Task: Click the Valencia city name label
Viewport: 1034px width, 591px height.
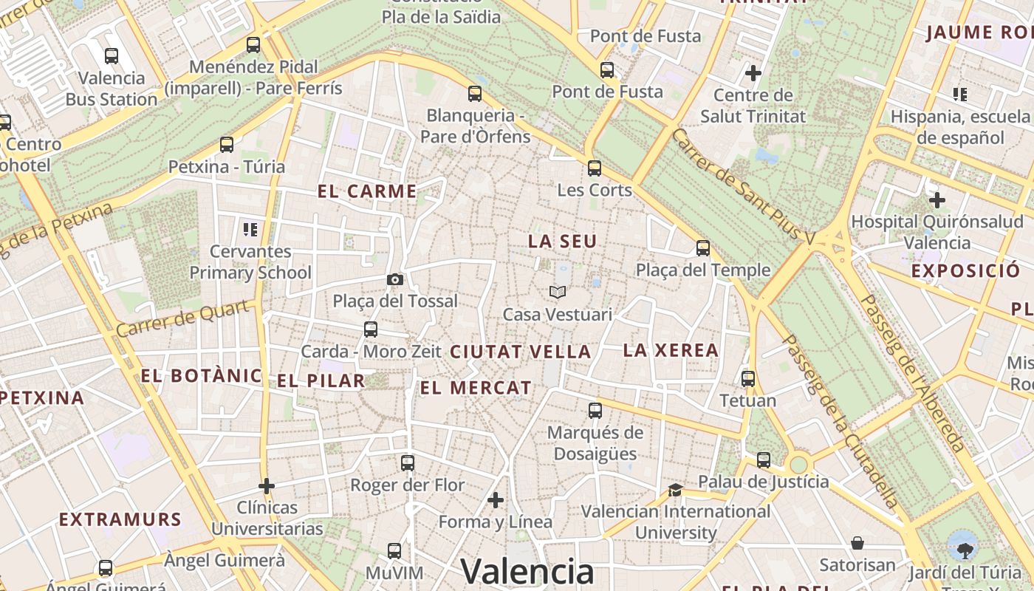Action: (527, 572)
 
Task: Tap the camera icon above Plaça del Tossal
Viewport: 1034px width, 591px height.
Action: (395, 279)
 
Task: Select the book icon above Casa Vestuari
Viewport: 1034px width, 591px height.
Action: (558, 293)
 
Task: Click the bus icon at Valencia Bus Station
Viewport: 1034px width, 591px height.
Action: (112, 55)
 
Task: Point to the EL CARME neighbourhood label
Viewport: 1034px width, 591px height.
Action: (367, 191)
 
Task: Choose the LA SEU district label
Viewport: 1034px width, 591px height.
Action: (562, 242)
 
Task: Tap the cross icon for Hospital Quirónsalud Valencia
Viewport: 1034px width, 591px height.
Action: (937, 199)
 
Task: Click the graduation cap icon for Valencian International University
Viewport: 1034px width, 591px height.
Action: (675, 490)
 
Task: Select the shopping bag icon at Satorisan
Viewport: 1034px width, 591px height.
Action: (857, 544)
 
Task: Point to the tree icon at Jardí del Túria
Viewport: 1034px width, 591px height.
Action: (964, 549)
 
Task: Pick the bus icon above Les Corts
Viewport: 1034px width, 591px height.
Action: (595, 168)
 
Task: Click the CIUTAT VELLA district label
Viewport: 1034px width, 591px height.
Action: (521, 352)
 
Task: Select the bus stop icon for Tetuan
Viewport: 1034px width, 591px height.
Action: (748, 379)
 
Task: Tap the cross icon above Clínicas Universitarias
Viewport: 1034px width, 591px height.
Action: (267, 486)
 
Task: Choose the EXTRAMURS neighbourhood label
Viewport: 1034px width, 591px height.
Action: (120, 519)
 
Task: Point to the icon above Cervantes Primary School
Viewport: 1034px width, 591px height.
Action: (250, 230)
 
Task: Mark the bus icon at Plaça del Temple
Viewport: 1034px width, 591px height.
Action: (703, 248)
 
